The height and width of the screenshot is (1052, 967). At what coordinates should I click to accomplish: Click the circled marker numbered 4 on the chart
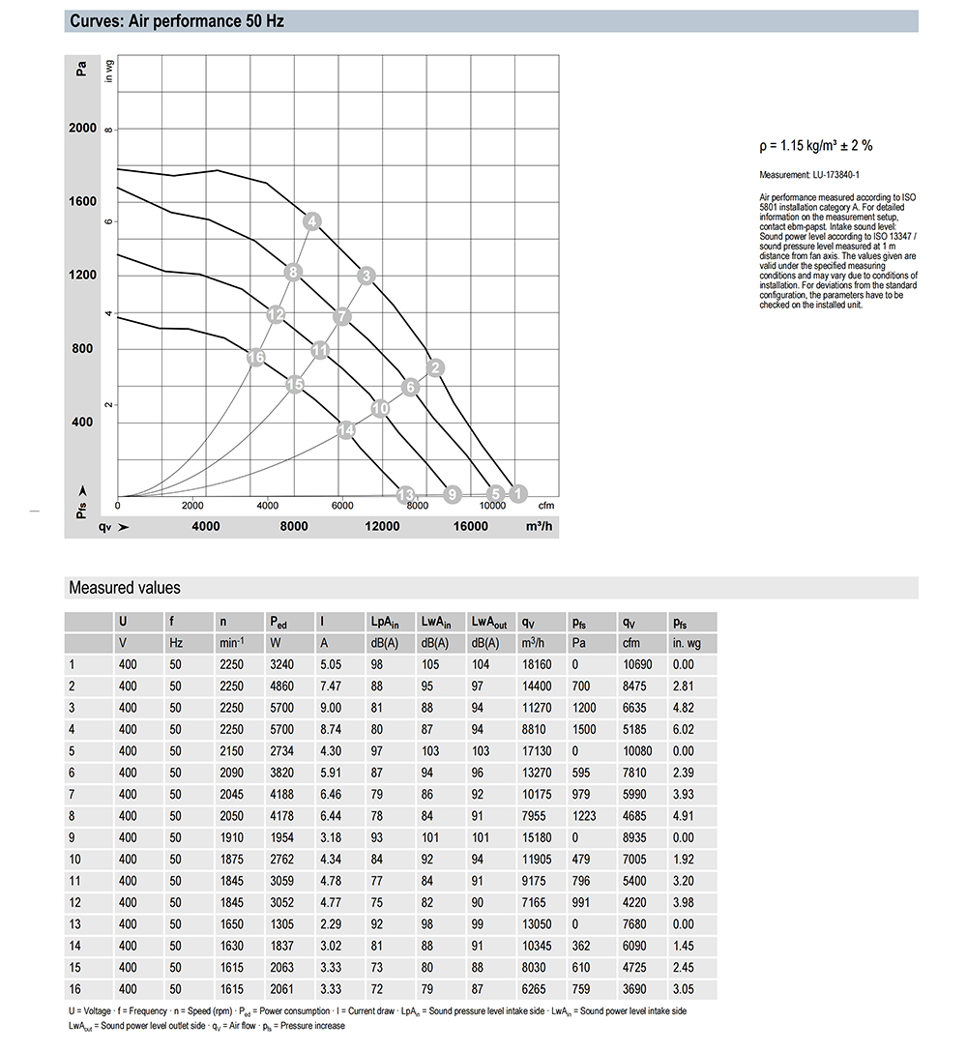coord(312,222)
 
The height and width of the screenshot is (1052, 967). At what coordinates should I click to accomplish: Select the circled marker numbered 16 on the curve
coord(256,358)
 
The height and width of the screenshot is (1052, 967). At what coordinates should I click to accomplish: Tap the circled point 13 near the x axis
coord(406,494)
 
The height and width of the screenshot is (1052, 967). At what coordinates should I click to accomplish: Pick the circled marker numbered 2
coord(436,367)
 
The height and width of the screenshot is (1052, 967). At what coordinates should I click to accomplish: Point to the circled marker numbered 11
coord(320,350)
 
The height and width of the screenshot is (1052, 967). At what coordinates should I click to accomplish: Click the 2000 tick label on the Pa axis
coord(82,129)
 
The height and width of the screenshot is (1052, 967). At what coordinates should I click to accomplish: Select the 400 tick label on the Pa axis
coord(82,423)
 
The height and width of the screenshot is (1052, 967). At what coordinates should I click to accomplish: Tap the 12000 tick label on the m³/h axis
coord(382,526)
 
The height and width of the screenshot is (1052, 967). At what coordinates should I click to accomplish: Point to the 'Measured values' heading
coord(124,588)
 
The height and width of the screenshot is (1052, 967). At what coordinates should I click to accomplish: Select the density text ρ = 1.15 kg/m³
coord(816,146)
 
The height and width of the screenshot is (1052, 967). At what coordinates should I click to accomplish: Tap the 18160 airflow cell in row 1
coord(536,664)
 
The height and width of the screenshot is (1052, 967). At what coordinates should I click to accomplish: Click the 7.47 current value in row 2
coord(331,685)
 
